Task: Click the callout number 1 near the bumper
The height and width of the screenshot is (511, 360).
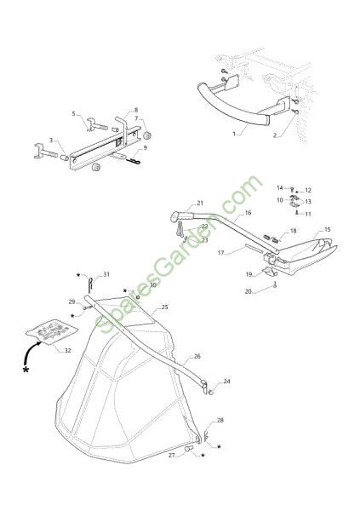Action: tap(234, 134)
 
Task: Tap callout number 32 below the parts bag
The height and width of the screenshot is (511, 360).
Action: tap(67, 351)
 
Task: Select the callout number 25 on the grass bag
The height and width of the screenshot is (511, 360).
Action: tap(165, 307)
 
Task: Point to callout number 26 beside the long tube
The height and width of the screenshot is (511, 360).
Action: tap(197, 356)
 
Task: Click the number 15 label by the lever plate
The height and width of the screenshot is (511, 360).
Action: tap(328, 229)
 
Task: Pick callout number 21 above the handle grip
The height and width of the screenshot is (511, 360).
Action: tap(200, 203)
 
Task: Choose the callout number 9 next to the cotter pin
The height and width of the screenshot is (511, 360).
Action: tap(146, 147)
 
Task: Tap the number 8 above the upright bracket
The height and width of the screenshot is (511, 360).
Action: tap(136, 110)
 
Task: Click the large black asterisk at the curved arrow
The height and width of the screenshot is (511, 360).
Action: tap(26, 370)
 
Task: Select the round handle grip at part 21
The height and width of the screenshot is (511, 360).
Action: tap(176, 216)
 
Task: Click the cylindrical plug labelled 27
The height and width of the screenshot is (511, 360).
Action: tap(189, 449)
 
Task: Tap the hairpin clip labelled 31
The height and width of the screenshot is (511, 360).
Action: tap(91, 283)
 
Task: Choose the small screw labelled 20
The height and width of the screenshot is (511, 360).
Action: tap(276, 285)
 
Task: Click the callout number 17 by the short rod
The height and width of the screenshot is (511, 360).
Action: tap(221, 253)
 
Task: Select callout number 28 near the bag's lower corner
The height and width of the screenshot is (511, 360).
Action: tap(220, 420)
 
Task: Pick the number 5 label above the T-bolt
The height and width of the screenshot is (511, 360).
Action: tap(74, 114)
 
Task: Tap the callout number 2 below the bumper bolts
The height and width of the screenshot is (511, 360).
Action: tap(275, 135)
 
